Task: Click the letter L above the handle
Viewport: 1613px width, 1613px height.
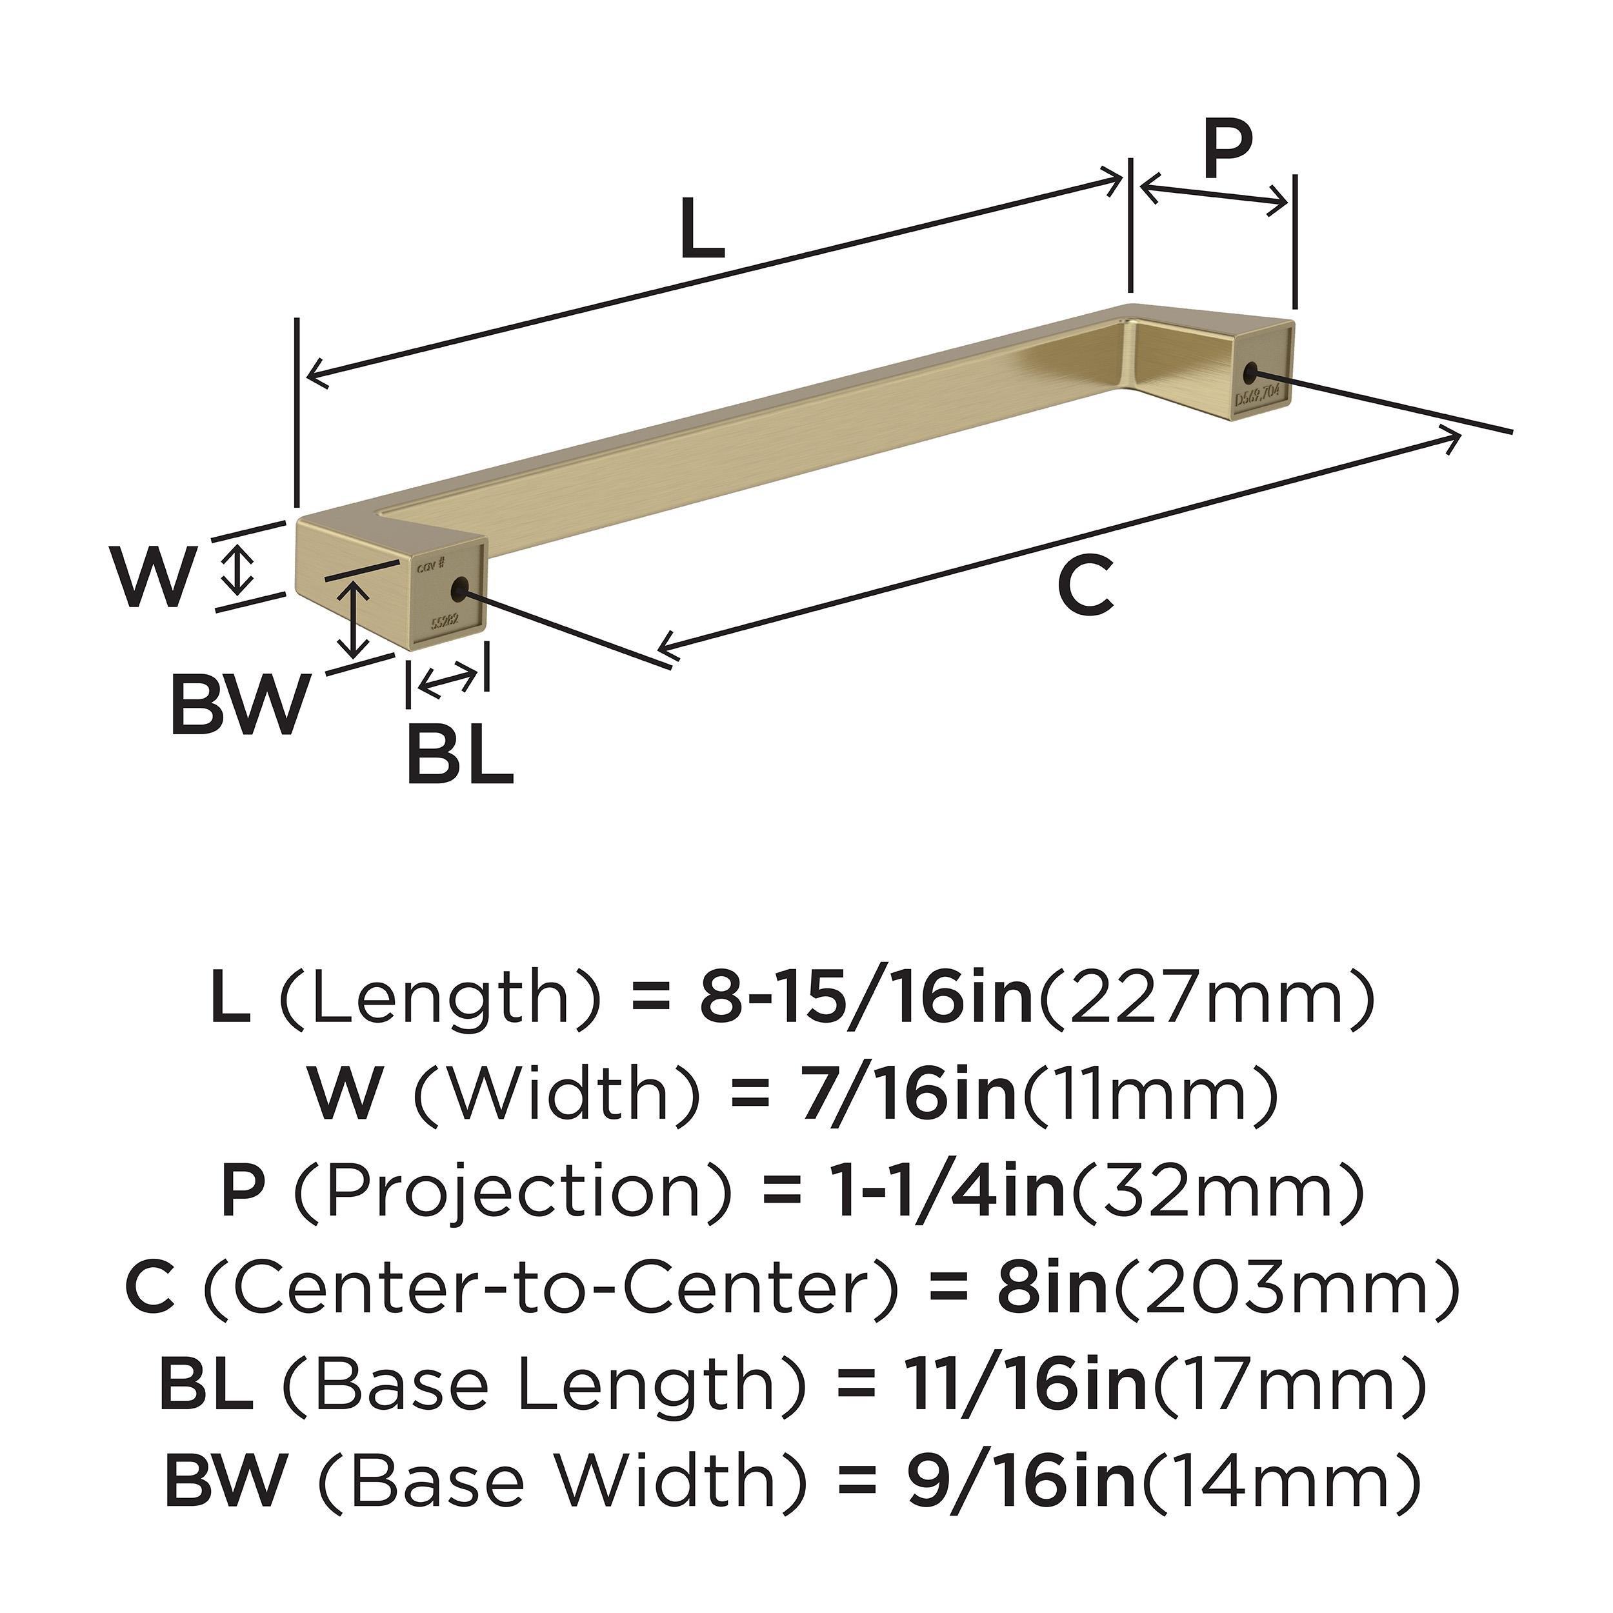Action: pyautogui.click(x=701, y=228)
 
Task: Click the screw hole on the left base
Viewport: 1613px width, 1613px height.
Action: pyautogui.click(x=457, y=592)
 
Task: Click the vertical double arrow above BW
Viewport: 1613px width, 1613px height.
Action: pyautogui.click(x=356, y=619)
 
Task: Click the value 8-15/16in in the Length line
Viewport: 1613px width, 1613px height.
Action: pyautogui.click(x=866, y=999)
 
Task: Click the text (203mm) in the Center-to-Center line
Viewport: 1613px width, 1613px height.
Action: pyautogui.click(x=1287, y=1287)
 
